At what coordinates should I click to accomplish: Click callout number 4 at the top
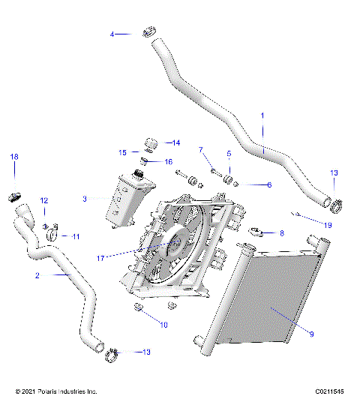click(x=112, y=34)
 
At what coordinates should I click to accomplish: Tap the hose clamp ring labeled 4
click(x=148, y=32)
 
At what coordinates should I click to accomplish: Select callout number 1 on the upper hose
click(x=262, y=115)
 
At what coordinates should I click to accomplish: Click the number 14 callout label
click(x=176, y=142)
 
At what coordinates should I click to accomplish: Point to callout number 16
click(x=168, y=161)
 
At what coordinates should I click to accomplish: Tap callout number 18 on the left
click(x=13, y=156)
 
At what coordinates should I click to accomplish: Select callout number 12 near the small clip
click(x=43, y=200)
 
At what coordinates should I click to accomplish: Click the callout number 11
click(x=75, y=236)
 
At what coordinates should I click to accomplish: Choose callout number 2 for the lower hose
click(x=37, y=275)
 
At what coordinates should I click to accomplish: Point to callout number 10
click(x=164, y=325)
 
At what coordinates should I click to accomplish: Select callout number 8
click(x=281, y=233)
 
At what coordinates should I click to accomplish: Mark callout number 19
click(x=328, y=224)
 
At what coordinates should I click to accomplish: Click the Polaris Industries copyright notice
click(x=56, y=391)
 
